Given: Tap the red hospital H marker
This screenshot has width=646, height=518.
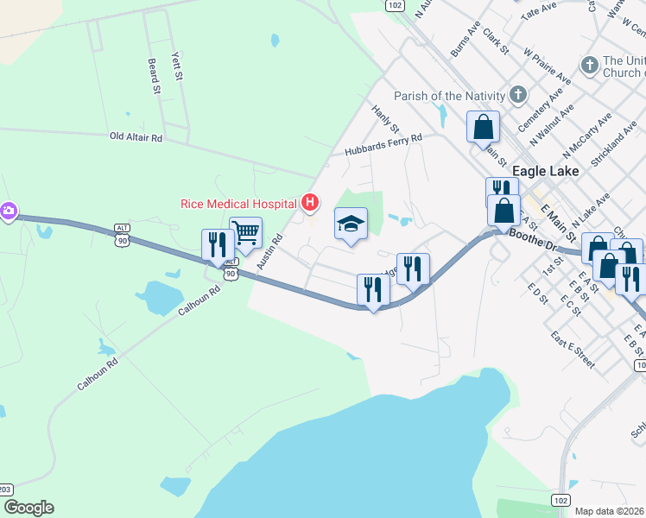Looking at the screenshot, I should click(x=310, y=204).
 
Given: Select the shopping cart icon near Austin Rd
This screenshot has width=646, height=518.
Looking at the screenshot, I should click(x=246, y=232).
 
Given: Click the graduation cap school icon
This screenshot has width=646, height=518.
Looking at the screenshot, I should click(x=351, y=224).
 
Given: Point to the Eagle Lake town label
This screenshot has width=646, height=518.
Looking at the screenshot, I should click(x=545, y=171).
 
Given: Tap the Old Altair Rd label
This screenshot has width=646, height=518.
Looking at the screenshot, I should click(x=136, y=137).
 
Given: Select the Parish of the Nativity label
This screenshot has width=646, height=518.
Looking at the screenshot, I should click(x=448, y=95).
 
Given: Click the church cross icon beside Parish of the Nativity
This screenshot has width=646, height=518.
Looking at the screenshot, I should click(x=518, y=94).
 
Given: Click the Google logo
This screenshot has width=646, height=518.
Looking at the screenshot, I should click(x=28, y=508).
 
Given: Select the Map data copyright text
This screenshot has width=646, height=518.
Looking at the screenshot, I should click(x=609, y=511).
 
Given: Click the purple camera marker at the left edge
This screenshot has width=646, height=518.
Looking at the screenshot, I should click(x=9, y=212).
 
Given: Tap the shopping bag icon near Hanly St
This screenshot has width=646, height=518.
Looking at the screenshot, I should click(x=484, y=127).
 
